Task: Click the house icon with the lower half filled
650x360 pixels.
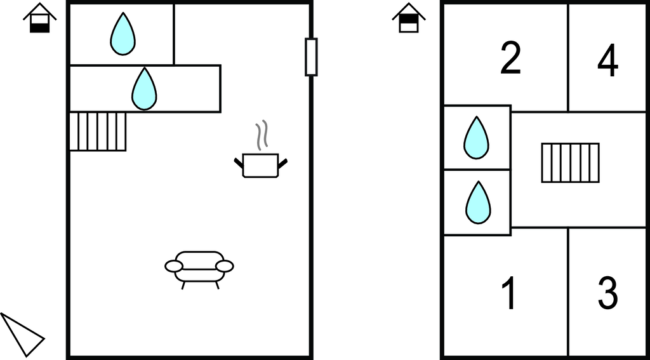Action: tap(40, 19)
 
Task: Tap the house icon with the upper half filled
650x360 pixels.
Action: tap(408, 18)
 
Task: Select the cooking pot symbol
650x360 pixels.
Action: tap(261, 164)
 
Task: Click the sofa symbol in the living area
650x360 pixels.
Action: tap(199, 267)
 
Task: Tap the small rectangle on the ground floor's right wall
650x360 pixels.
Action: tap(310, 57)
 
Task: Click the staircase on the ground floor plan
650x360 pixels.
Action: tap(97, 131)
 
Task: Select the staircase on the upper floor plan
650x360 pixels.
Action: tap(570, 163)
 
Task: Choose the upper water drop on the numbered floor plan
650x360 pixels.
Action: tap(477, 138)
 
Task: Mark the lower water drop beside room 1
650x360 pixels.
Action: tap(478, 203)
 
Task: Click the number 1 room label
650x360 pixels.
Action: tap(508, 293)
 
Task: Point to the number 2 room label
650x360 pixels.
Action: tap(511, 58)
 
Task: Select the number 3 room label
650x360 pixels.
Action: tap(607, 293)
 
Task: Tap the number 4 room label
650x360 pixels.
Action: tap(607, 62)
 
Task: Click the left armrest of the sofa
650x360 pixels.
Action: tap(173, 266)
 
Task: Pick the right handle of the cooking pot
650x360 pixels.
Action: tap(283, 163)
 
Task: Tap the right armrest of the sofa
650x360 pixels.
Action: tap(225, 266)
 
